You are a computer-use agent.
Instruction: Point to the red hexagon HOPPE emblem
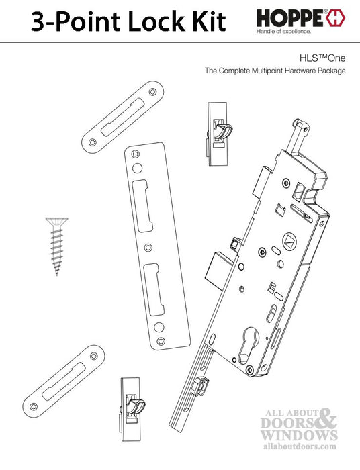(336, 18)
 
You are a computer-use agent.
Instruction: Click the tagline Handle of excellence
(283, 32)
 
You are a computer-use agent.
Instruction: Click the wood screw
(56, 245)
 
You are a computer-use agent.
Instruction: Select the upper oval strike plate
(125, 115)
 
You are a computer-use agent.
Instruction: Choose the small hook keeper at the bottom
(131, 404)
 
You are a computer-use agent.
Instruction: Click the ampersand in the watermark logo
(324, 422)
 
